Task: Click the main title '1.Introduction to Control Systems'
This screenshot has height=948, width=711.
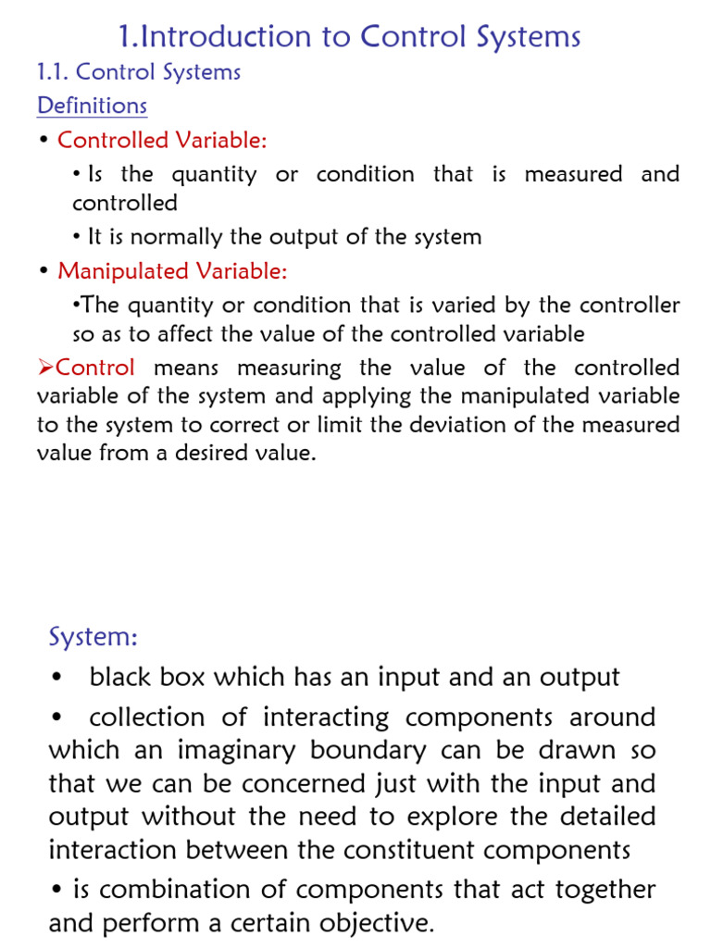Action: (x=350, y=37)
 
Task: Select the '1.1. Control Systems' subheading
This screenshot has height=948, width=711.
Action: (x=139, y=72)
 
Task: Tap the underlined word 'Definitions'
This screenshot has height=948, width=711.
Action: (x=92, y=106)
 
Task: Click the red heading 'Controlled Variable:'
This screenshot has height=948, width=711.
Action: (x=162, y=140)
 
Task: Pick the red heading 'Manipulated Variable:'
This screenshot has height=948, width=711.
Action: (x=172, y=271)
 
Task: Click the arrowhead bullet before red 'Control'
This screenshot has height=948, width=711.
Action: (x=45, y=368)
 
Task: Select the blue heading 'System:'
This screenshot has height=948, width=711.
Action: (x=93, y=637)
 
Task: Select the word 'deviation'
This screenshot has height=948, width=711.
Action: (x=524, y=425)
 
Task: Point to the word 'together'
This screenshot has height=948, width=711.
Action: (x=604, y=890)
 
